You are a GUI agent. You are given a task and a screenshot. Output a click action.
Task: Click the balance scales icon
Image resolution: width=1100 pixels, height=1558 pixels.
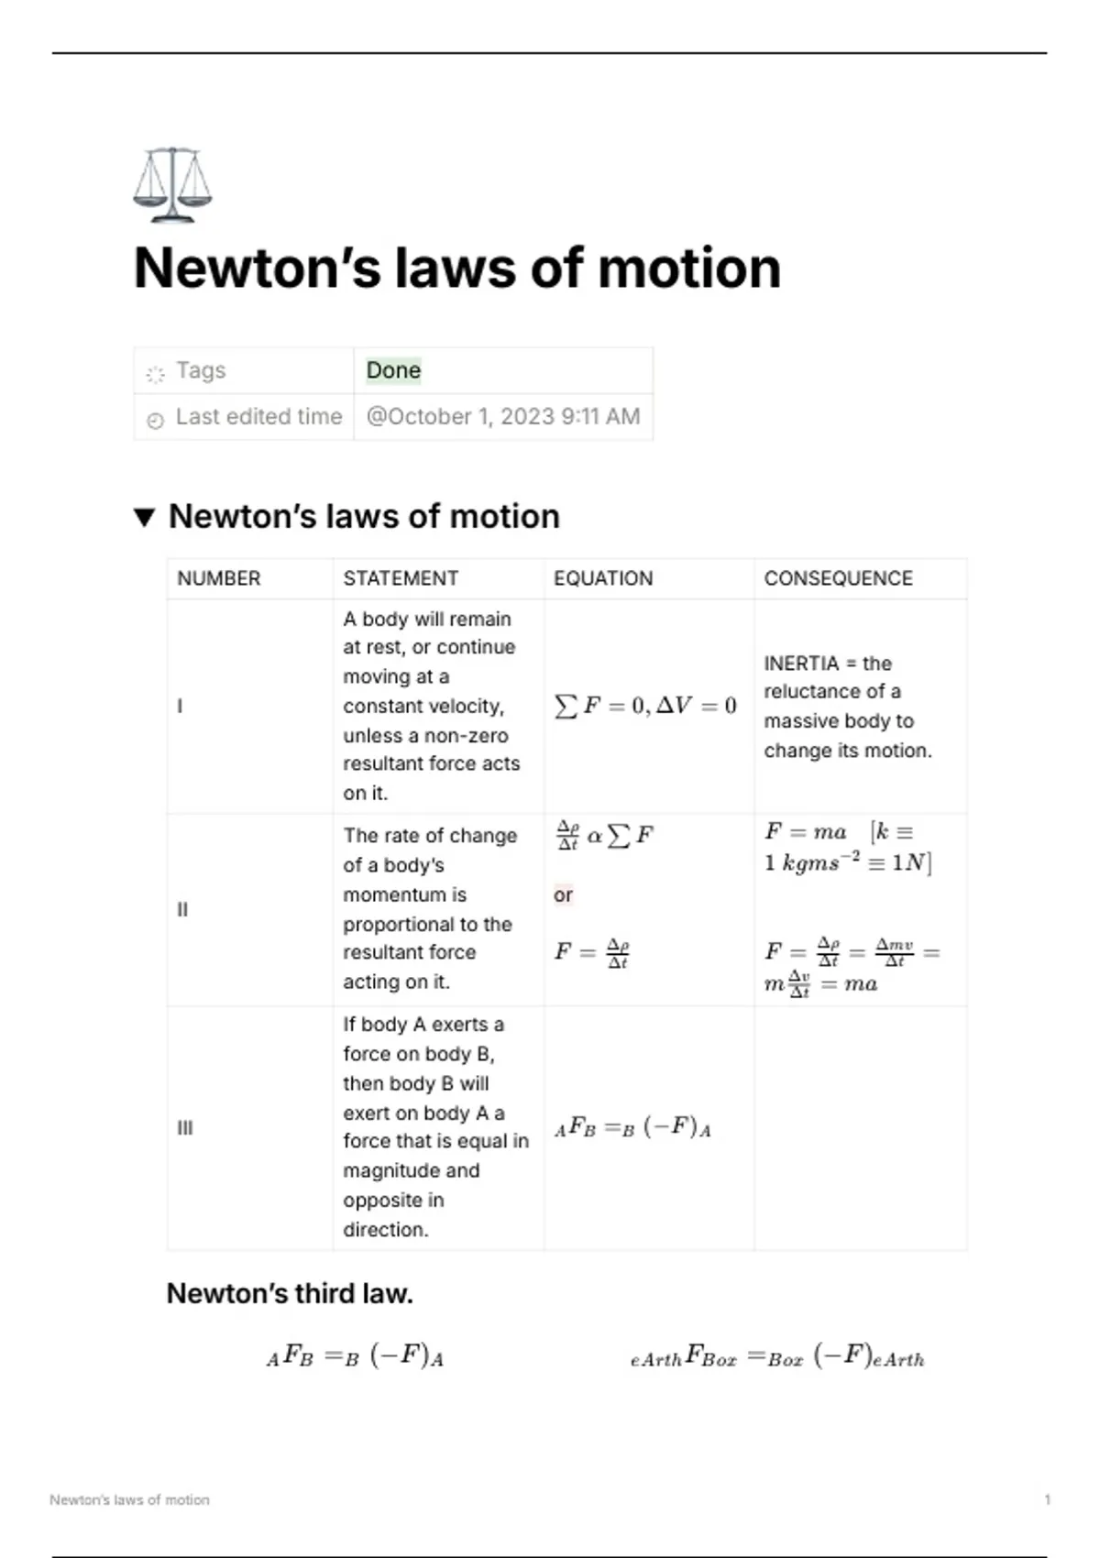[x=172, y=184]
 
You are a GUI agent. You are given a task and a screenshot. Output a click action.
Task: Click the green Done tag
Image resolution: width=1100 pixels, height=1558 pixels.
[x=393, y=370]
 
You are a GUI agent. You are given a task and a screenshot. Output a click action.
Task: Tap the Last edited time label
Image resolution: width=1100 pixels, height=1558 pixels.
[x=258, y=417]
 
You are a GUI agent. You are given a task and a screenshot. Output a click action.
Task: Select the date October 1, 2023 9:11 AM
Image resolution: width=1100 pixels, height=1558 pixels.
[x=503, y=417]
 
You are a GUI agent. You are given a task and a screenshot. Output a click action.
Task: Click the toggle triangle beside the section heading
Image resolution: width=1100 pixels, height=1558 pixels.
[x=145, y=518]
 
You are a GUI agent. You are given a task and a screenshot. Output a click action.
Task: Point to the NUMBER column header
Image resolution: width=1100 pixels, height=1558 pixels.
[x=219, y=578]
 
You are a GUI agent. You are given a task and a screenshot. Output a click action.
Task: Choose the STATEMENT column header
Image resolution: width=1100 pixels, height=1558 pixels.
[x=401, y=578]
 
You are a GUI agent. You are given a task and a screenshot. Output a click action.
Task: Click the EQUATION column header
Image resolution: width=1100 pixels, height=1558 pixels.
[x=603, y=578]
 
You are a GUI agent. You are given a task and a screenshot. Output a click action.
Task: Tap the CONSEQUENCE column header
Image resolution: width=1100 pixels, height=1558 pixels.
[x=838, y=578]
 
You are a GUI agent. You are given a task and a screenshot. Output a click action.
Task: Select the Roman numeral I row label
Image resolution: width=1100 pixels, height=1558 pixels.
[x=180, y=707]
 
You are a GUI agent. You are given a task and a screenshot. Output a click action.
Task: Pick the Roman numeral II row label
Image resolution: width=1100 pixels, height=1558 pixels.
[x=182, y=910]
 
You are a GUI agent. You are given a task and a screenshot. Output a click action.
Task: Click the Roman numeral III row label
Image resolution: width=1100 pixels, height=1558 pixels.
[x=185, y=1128]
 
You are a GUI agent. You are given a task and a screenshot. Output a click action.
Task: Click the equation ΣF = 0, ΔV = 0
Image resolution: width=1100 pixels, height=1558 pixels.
[x=646, y=706]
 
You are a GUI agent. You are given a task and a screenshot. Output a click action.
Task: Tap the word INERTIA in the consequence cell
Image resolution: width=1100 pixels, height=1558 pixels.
[x=801, y=664]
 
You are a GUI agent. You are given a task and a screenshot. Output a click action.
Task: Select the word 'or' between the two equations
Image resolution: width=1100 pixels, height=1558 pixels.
[x=563, y=895]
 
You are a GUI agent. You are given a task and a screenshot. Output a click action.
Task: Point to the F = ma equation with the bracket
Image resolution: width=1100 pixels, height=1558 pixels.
[x=848, y=848]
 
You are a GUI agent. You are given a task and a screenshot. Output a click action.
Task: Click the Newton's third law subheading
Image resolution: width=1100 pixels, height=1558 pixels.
[x=290, y=1294]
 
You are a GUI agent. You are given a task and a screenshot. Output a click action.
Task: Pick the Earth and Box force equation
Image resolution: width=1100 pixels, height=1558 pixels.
[x=777, y=1356]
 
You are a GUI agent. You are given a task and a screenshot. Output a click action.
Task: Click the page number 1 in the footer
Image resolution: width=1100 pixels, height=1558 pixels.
[x=1048, y=1500]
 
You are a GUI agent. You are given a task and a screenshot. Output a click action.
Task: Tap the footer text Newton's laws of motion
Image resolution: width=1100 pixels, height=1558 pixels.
[x=129, y=1500]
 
